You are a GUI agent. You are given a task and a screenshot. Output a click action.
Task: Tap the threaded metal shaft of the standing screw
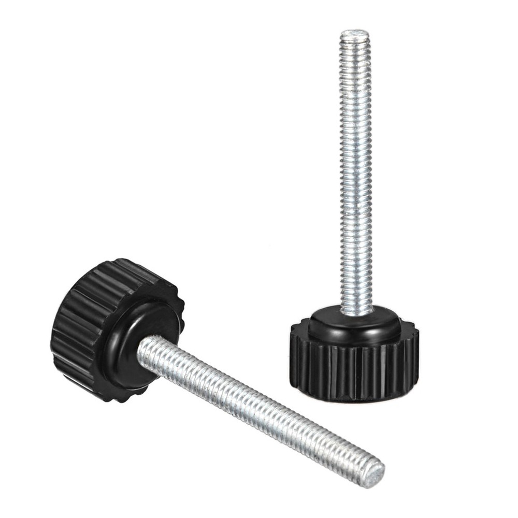356,171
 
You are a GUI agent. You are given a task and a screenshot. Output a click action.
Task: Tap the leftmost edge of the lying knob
52,332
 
